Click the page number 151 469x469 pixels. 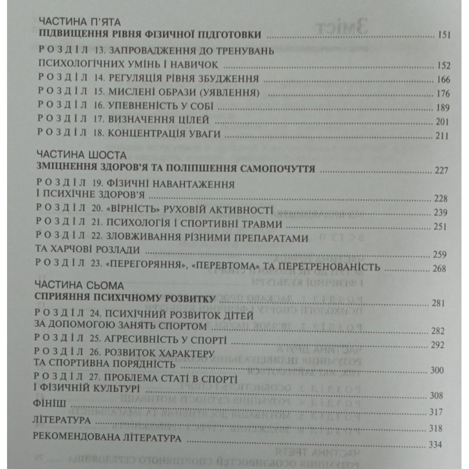click(443, 36)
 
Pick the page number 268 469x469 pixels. click(443, 269)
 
